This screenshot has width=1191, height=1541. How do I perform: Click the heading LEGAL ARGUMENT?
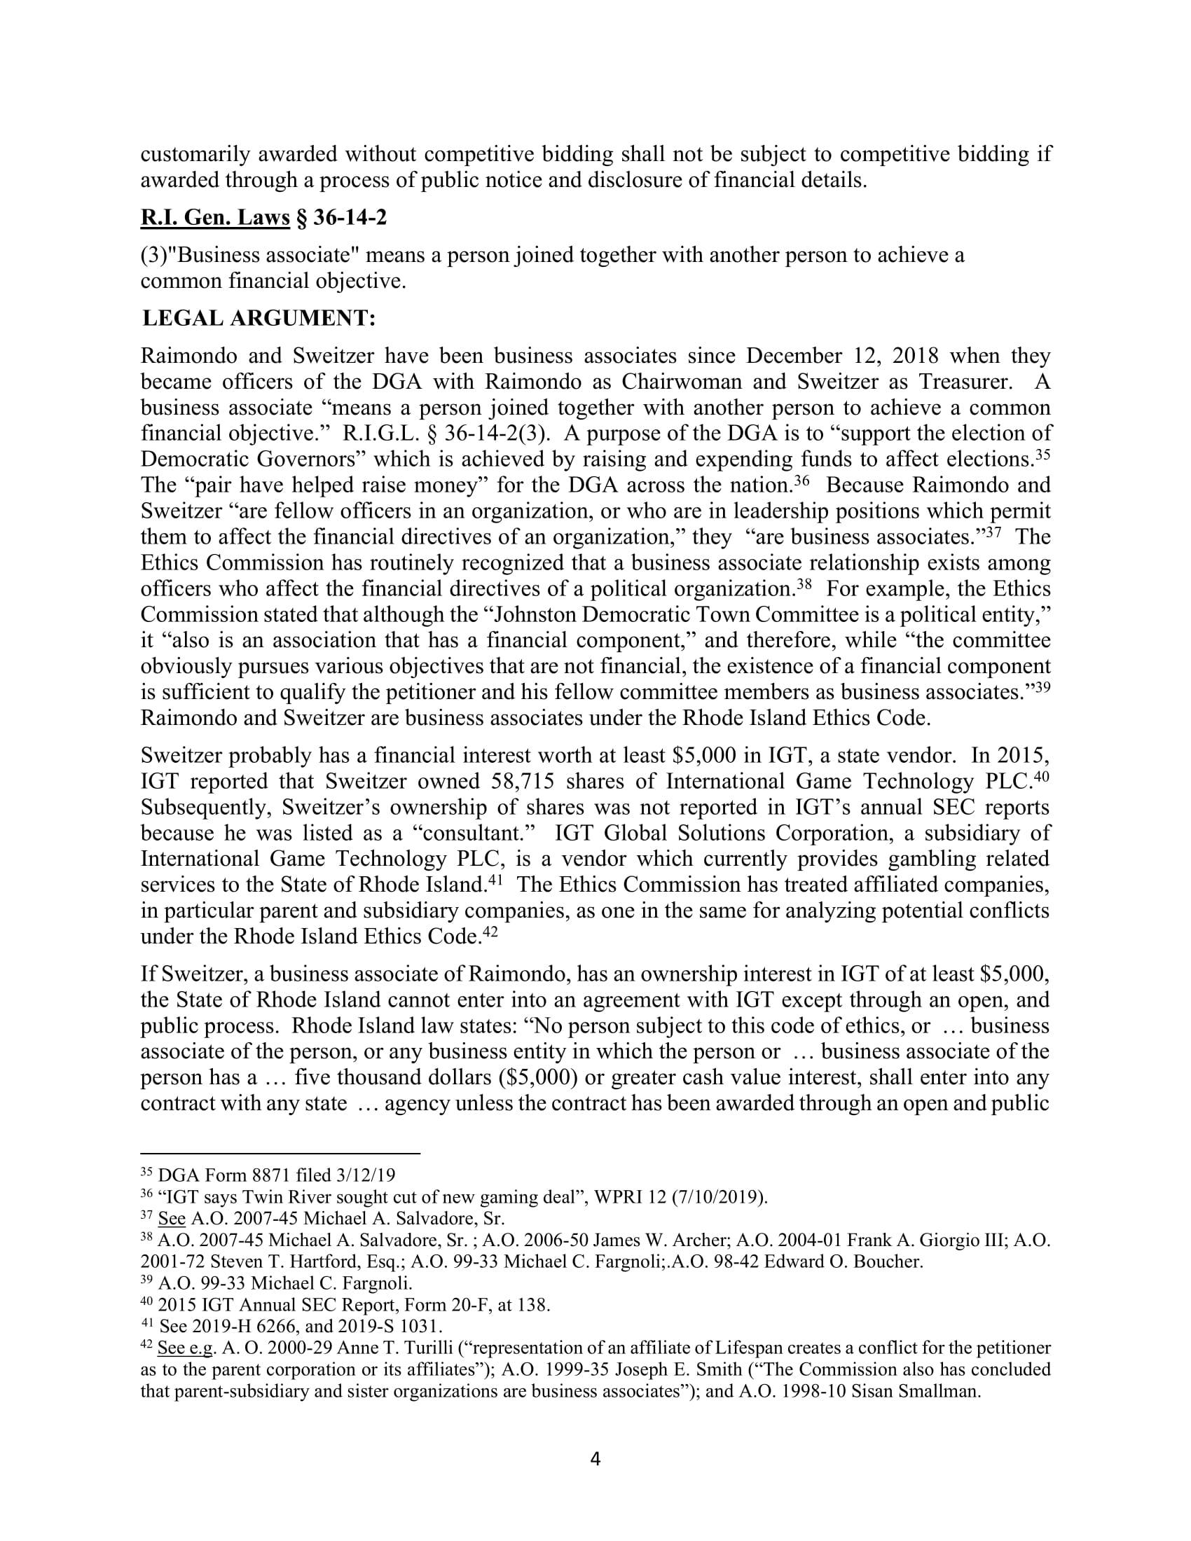click(259, 318)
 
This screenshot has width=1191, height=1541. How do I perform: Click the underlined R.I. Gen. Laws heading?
click(215, 217)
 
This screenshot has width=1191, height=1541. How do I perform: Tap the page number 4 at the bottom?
click(595, 1458)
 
